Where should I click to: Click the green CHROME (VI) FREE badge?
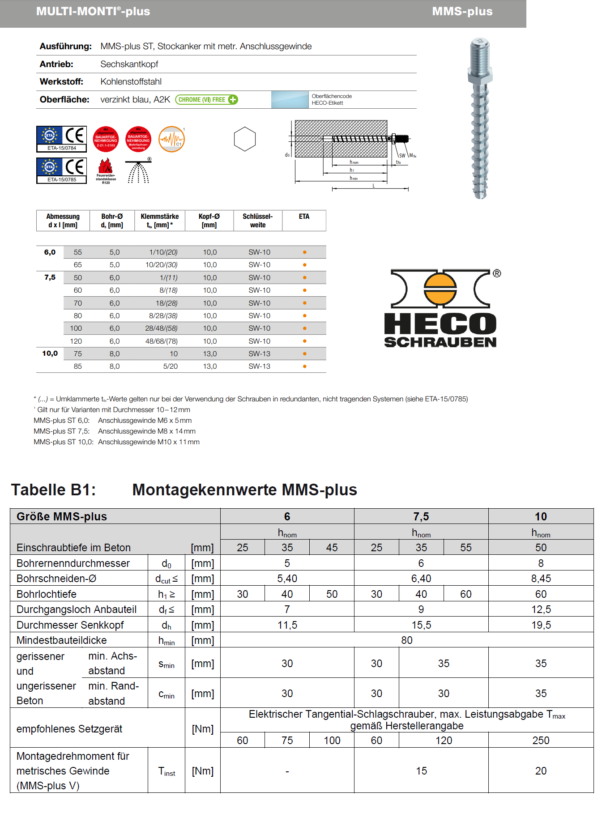(x=206, y=100)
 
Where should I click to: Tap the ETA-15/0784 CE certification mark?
(x=61, y=139)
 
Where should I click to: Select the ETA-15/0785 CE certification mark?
(x=61, y=170)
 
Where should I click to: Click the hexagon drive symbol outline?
(x=245, y=139)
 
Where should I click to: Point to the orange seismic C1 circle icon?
(x=171, y=139)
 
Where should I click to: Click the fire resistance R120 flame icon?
(x=106, y=170)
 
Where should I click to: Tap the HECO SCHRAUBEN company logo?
(x=441, y=308)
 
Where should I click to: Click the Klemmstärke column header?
(x=159, y=221)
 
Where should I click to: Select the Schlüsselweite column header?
(x=257, y=221)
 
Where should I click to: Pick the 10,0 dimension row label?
(x=50, y=353)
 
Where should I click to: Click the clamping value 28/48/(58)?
(x=161, y=328)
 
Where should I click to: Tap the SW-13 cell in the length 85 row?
(x=260, y=366)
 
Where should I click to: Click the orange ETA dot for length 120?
(x=305, y=341)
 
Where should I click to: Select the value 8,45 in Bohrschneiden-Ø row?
(x=541, y=579)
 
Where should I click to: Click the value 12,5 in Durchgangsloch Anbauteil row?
(x=541, y=609)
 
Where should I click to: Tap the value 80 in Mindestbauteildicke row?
(x=406, y=640)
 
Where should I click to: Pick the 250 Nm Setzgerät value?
(x=541, y=741)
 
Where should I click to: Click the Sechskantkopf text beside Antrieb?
(x=129, y=64)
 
